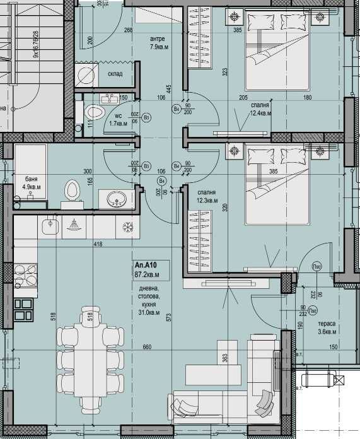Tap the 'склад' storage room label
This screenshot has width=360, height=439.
(115, 73)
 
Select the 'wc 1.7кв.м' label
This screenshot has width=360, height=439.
(118, 120)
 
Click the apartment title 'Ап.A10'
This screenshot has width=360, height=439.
(146, 266)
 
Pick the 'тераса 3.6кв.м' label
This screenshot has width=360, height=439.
(327, 327)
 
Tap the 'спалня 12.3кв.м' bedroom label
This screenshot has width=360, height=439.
(207, 196)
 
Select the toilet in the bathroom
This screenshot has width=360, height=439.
(71, 190)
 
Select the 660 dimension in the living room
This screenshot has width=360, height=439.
(146, 347)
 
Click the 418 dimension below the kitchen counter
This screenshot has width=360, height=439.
(98, 243)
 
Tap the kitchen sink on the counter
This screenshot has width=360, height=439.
(49, 224)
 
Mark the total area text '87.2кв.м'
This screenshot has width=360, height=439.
(146, 276)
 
